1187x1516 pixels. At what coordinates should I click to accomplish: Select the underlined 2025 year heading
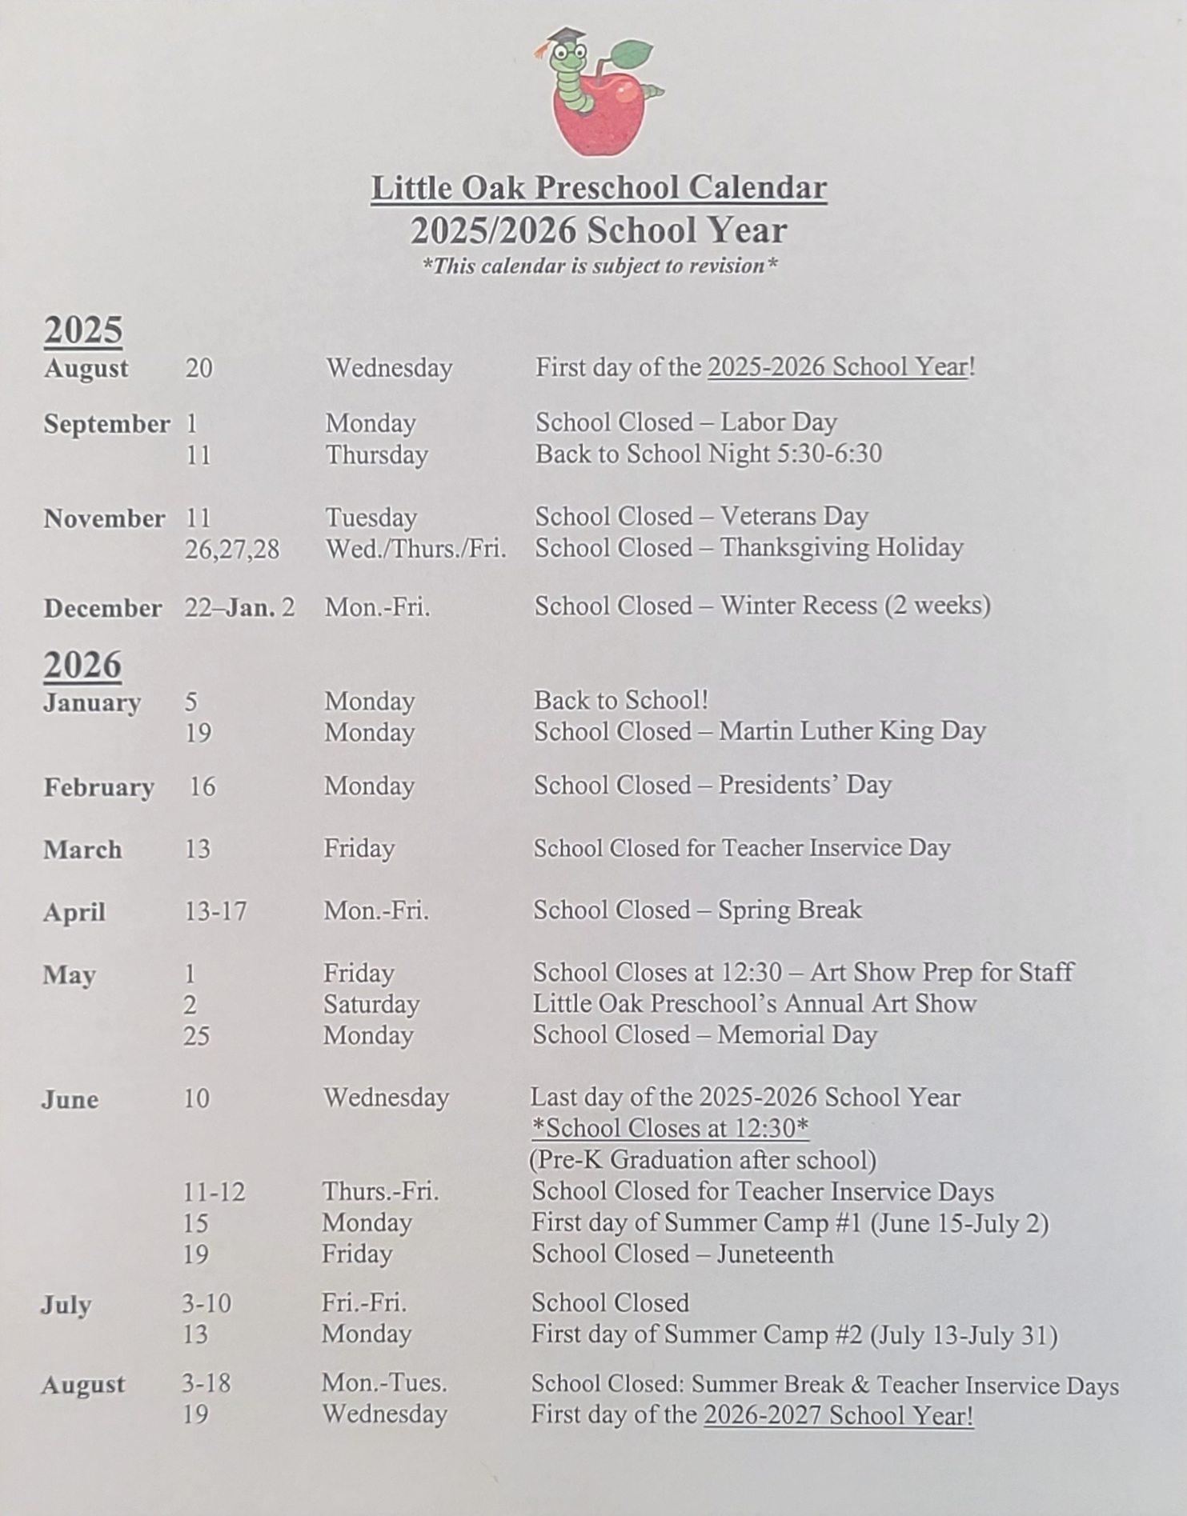(x=83, y=330)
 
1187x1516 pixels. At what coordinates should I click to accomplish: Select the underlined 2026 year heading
(x=82, y=665)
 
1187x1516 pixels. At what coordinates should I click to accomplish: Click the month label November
(x=104, y=518)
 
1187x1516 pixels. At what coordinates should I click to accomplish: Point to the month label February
(x=98, y=787)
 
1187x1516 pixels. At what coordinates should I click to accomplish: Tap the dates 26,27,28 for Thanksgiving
(x=232, y=550)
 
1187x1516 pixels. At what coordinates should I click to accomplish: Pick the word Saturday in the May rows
(x=371, y=1004)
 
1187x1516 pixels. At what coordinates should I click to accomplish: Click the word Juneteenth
(x=775, y=1254)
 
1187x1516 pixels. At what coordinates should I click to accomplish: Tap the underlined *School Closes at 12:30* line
(x=670, y=1128)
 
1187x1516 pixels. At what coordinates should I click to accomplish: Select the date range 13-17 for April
(x=215, y=911)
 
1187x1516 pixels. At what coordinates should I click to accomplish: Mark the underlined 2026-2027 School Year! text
(x=838, y=1415)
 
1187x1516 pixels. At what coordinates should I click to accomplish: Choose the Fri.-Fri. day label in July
(x=364, y=1303)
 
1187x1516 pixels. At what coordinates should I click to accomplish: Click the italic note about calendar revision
(x=600, y=266)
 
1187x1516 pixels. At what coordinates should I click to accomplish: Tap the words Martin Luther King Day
(x=852, y=731)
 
